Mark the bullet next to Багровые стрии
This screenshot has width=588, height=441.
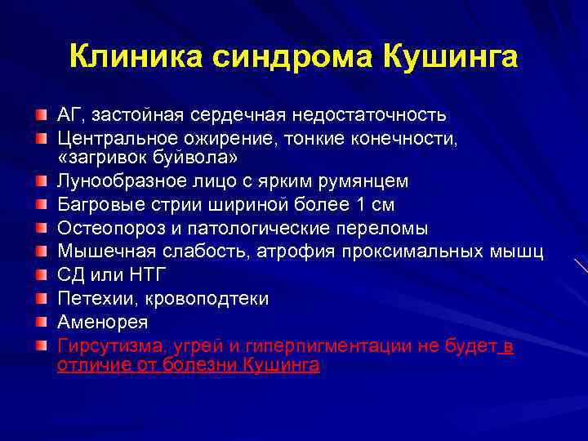pyautogui.click(x=42, y=203)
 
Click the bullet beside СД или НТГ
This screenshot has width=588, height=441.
pyautogui.click(x=42, y=275)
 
